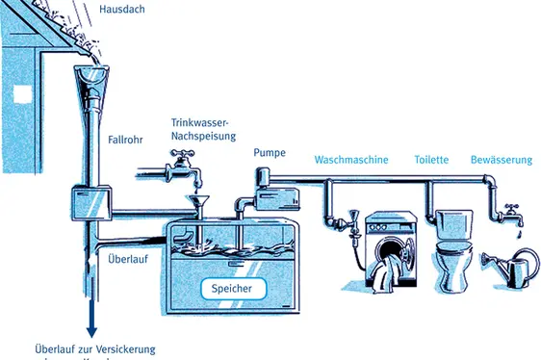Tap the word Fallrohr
126,141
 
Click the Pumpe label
270,153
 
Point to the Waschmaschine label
351,160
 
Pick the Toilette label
431,160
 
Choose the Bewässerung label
501,160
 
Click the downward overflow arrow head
92,330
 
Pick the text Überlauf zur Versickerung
94,349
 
